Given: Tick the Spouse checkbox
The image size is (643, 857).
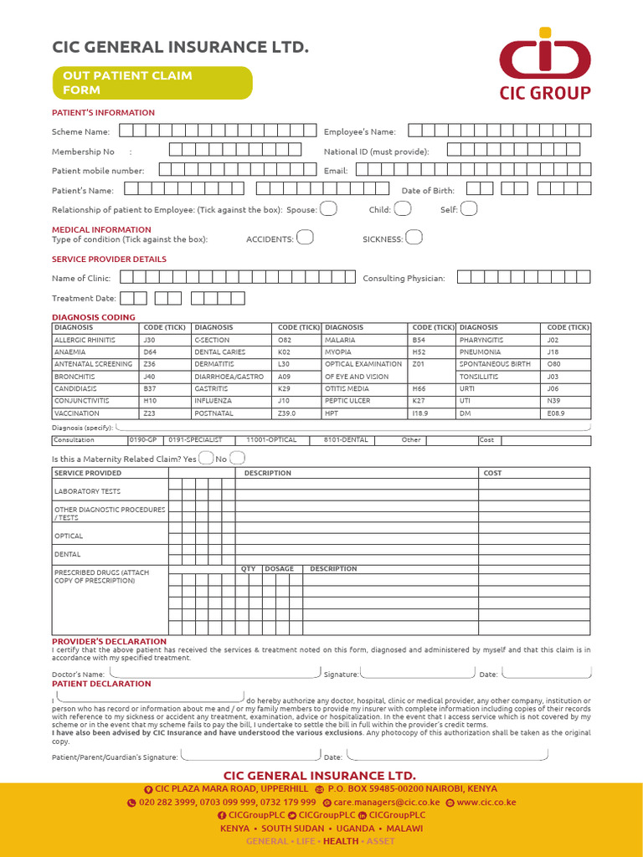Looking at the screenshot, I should click(x=329, y=208).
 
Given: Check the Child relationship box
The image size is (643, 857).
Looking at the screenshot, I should click(x=403, y=208).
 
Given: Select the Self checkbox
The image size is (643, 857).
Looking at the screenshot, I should click(x=469, y=208).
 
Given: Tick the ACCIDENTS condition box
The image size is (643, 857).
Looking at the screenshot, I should click(x=305, y=238).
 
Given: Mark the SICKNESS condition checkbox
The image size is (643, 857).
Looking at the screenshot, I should click(x=414, y=238).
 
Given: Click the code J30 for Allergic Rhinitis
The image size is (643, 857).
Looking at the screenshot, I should click(x=150, y=341).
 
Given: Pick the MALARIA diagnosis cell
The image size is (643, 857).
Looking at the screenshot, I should click(x=341, y=341).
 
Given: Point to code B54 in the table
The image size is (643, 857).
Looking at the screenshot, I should click(x=419, y=341).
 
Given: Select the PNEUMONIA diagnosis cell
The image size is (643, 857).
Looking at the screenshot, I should click(x=481, y=352).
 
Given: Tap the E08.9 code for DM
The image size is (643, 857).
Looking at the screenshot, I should click(x=556, y=413).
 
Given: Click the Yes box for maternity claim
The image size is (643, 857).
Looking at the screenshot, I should click(x=206, y=458).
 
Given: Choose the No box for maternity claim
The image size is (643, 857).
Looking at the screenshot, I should click(x=237, y=458).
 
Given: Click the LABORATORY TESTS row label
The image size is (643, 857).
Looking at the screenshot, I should click(x=88, y=491).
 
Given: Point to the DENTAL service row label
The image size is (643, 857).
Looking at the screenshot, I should click(x=68, y=554).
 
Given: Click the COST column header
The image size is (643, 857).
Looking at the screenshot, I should click(x=493, y=473).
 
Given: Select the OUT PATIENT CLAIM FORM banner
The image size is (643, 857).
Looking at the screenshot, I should click(x=151, y=82).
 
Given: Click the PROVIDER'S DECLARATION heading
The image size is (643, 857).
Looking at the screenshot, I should click(x=109, y=642).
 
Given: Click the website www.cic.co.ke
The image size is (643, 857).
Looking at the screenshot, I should click(x=486, y=802).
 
